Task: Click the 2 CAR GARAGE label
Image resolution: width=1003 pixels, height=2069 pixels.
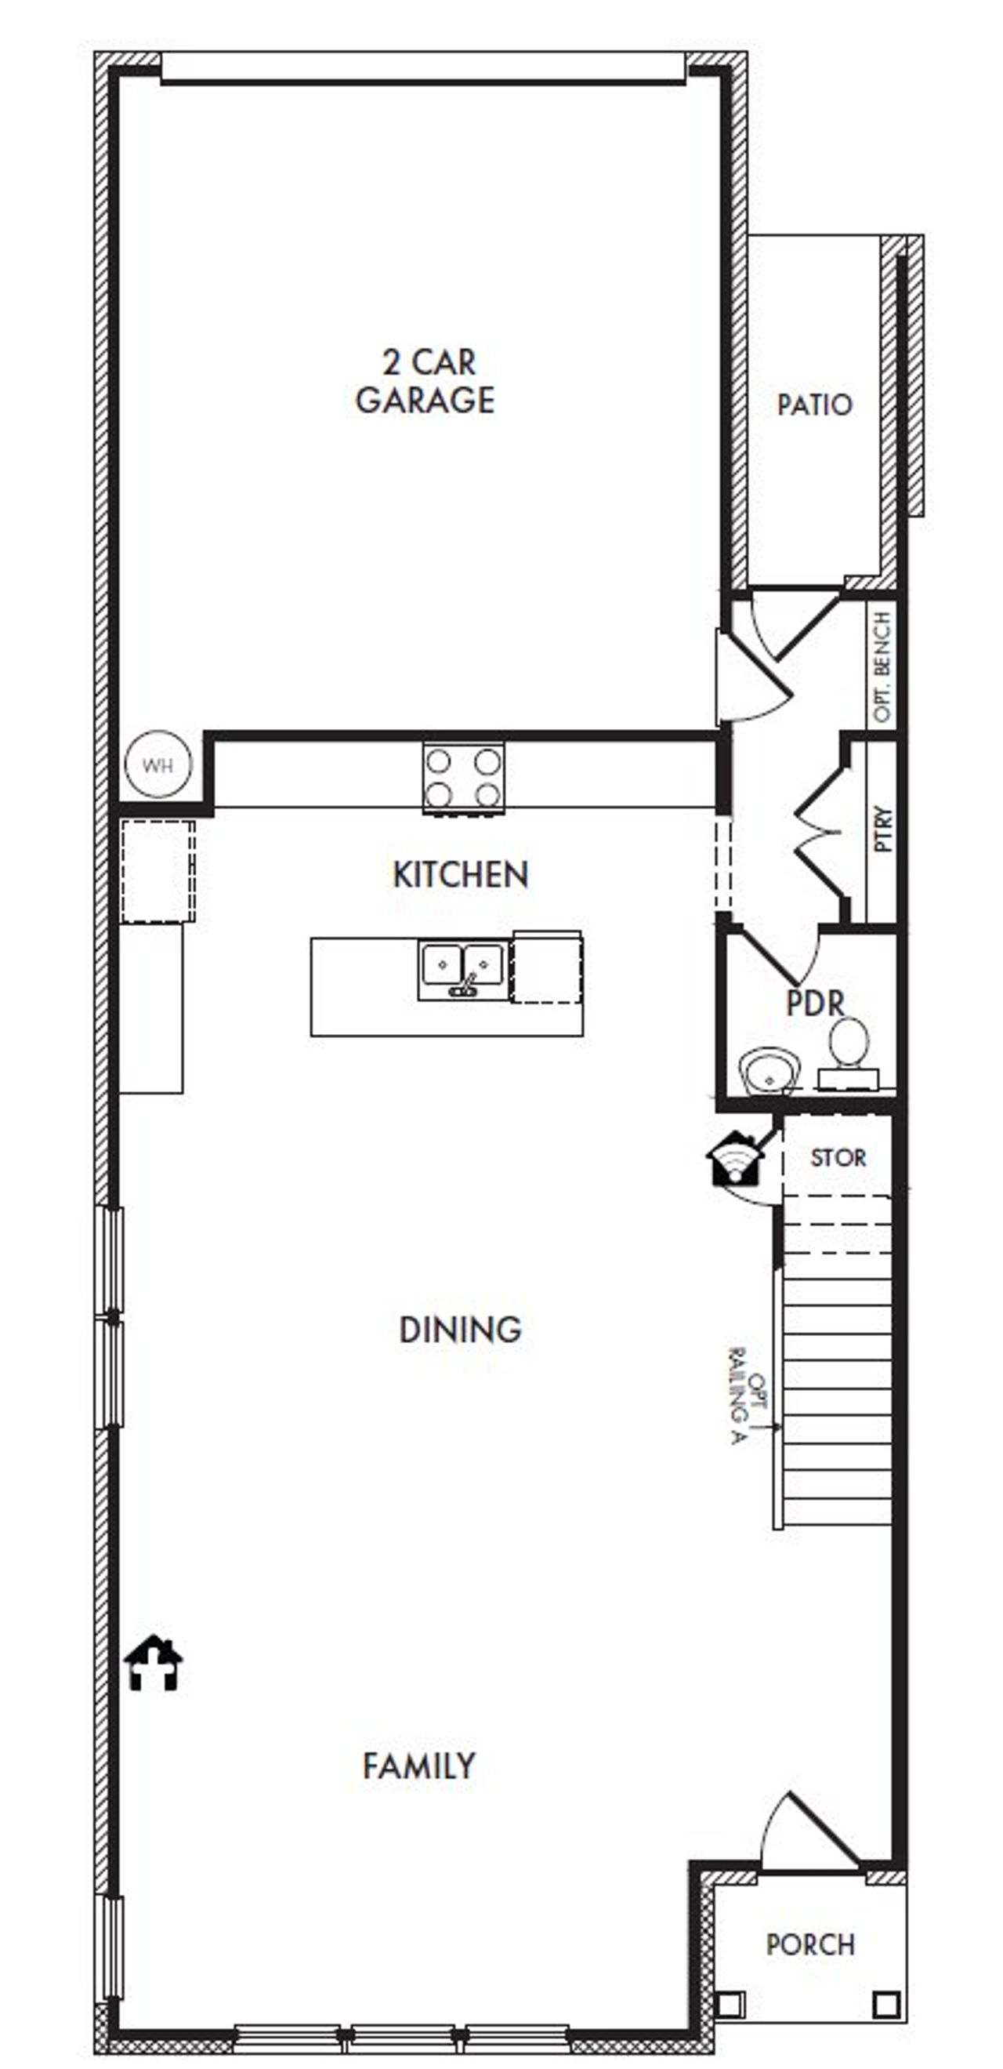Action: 425,381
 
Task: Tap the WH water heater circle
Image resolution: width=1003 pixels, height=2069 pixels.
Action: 158,764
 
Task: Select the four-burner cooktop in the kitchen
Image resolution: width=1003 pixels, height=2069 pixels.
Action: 463,777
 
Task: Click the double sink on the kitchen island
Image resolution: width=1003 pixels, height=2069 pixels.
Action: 462,971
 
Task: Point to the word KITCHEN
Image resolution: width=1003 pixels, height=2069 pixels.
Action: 460,875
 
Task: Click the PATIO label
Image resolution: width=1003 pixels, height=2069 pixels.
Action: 813,404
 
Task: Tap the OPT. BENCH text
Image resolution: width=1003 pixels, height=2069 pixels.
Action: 882,666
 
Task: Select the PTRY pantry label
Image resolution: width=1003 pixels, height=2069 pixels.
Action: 882,828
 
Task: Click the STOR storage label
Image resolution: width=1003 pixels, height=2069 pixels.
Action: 838,1157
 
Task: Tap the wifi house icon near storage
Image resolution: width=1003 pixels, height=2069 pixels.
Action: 733,1159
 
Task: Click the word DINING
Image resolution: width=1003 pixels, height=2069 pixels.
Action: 460,1330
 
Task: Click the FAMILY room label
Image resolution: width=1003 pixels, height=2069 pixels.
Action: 419,1766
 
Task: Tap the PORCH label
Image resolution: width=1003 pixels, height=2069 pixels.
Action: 809,1944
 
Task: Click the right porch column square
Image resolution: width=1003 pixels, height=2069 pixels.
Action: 885,2005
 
